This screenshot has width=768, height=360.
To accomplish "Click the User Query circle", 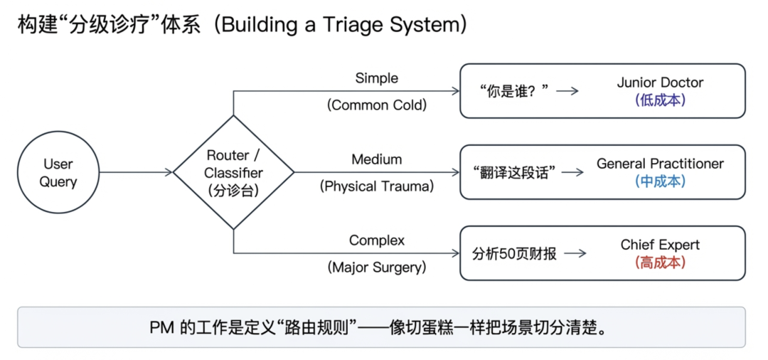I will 58,172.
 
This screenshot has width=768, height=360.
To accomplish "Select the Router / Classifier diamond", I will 233,172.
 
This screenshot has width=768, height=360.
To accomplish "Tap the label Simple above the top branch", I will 377,78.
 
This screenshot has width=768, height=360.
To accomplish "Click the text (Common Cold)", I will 377,105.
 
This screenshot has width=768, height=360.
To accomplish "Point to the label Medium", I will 377,159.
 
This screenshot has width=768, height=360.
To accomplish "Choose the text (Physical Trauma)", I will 377,186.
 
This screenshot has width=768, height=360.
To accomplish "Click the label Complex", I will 377,240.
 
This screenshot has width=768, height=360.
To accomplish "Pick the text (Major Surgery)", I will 377,268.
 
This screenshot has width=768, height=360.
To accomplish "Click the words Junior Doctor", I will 660,83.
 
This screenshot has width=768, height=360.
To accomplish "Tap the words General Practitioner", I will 660,164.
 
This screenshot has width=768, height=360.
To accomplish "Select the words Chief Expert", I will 660,245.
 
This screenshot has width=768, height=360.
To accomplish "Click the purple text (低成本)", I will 660,100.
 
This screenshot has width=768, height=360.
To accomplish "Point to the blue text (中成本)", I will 660,181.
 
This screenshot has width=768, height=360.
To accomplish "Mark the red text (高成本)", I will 660,263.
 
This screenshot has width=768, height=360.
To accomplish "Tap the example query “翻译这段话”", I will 513,172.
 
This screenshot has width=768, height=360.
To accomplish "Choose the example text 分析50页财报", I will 514,253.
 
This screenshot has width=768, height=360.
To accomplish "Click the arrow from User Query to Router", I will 136,172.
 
